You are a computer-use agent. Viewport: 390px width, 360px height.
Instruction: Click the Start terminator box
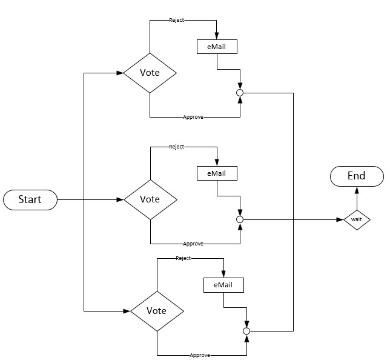30,199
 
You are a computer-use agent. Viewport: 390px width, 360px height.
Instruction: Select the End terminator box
356,176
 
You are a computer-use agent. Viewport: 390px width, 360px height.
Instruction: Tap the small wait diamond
356,219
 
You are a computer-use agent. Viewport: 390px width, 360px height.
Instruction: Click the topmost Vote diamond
150,73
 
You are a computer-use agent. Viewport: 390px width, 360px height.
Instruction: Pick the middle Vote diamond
150,199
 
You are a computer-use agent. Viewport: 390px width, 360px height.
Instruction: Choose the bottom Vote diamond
157,311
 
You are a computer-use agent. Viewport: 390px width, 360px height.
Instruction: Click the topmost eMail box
216,47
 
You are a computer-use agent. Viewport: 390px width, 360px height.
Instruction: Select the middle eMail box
216,173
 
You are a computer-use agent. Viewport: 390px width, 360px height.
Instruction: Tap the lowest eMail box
223,285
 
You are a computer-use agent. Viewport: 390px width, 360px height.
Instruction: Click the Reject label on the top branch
177,21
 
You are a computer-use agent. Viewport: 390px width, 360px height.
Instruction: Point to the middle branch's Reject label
177,147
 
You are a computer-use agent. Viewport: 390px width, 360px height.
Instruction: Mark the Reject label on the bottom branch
183,258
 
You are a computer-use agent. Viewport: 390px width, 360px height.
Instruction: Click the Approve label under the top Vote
193,116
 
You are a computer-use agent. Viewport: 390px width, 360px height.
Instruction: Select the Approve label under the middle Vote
193,244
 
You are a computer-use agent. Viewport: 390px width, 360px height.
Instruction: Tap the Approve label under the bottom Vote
200,355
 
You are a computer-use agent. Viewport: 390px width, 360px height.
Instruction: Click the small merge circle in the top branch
239,93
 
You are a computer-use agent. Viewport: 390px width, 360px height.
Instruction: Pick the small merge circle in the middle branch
239,219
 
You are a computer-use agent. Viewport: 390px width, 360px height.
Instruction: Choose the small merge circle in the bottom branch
246,331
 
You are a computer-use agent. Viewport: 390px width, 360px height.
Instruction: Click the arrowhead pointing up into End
356,190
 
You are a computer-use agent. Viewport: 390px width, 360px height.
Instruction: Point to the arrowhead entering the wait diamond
340,219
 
